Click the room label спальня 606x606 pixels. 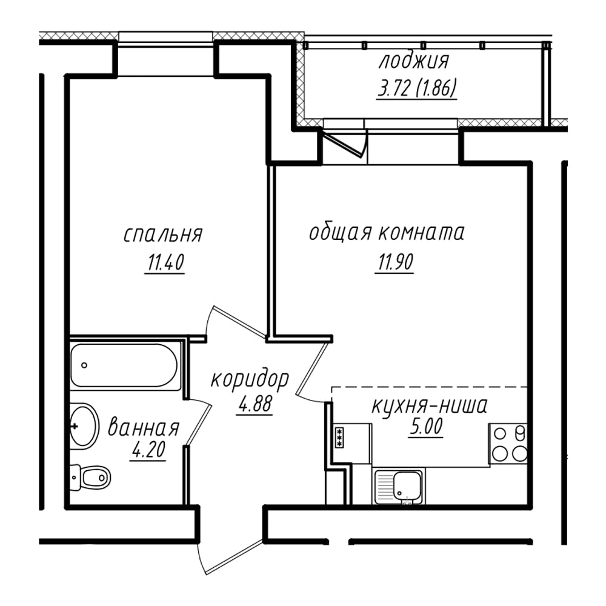pos(162,235)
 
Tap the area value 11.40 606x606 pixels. pos(165,262)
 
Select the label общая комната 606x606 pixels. pos(387,233)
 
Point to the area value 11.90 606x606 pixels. pos(395,262)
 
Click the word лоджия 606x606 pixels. pos(413,61)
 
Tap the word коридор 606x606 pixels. pos(250,379)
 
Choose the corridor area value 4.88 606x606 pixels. pos(256,404)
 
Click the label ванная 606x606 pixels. pos(144,428)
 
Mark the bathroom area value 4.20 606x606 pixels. pos(149,450)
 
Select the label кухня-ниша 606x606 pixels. pos(430,406)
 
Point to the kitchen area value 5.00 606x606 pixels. pos(425,427)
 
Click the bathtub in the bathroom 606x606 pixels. pos(125,365)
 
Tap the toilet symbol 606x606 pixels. pos(90,478)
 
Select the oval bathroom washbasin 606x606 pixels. pos(82,426)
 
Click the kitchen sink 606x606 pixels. pos(399,486)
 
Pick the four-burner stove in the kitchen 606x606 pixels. pos(508,444)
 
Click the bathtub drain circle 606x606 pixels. pos(84,365)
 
